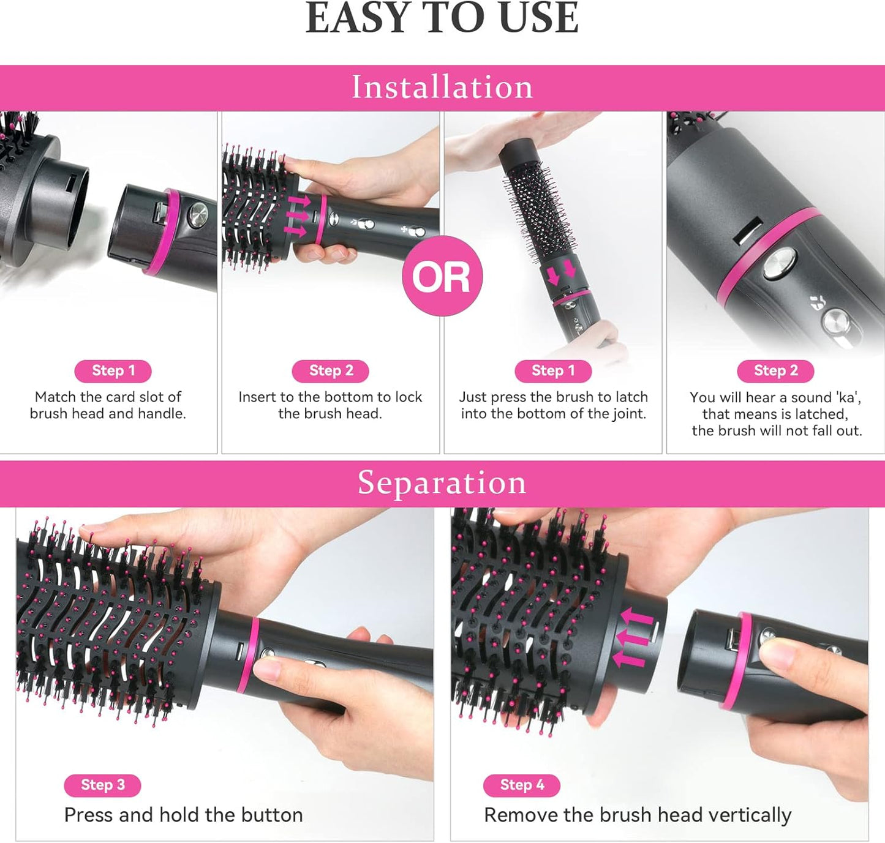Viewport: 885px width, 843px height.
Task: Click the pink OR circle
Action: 442,276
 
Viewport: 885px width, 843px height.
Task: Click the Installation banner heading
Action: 442,87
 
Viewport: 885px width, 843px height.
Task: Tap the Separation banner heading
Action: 442,483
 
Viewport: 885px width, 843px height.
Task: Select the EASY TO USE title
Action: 442,18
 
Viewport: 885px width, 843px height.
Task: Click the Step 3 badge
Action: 102,785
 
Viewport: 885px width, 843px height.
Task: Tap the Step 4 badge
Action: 521,785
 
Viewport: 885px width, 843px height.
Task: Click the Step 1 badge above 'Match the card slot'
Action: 113,371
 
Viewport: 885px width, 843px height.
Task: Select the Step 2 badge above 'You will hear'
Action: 775,371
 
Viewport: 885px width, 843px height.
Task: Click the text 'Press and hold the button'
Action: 183,815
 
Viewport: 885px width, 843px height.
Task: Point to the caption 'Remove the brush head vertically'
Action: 637,815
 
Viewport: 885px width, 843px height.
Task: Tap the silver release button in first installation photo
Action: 198,215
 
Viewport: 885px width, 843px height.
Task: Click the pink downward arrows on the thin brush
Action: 561,272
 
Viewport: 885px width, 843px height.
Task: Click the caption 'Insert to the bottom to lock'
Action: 330,397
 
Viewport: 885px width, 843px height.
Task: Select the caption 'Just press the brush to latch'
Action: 553,397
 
